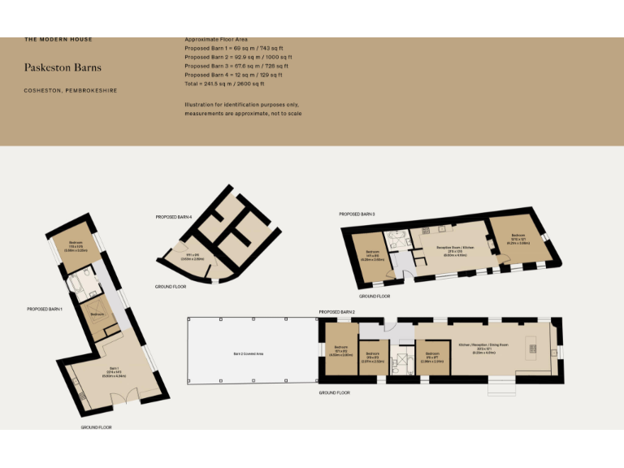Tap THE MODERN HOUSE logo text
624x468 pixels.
[58, 39]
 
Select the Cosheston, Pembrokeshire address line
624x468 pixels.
[71, 90]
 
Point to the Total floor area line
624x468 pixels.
[224, 84]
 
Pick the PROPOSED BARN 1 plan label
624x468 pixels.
[45, 309]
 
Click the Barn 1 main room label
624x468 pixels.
[111, 373]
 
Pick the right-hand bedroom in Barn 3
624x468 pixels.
[520, 241]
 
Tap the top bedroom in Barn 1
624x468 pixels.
[76, 246]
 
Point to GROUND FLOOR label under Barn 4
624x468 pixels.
[171, 287]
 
